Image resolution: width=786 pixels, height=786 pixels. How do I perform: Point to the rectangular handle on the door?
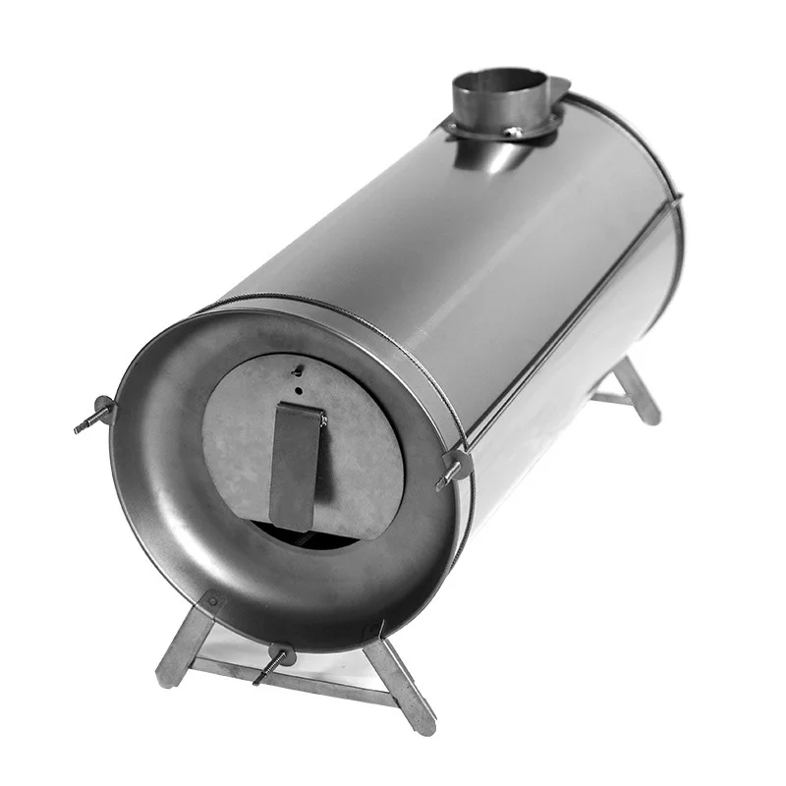coord(297,464)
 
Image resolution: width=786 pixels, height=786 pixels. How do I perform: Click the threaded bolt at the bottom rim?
coord(271,666)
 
